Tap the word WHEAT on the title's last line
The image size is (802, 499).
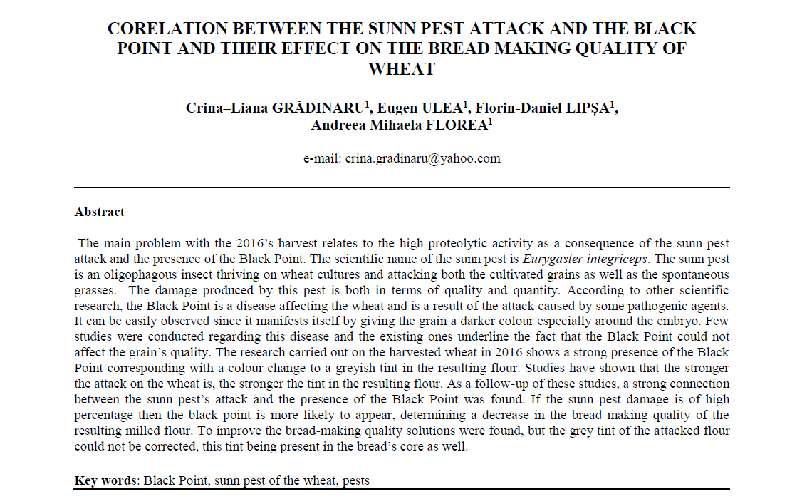pyautogui.click(x=401, y=69)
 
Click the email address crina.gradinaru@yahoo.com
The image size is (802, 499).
pyautogui.click(x=422, y=158)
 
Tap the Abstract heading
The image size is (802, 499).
pyautogui.click(x=100, y=212)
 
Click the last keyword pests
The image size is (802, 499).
pyautogui.click(x=355, y=480)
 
